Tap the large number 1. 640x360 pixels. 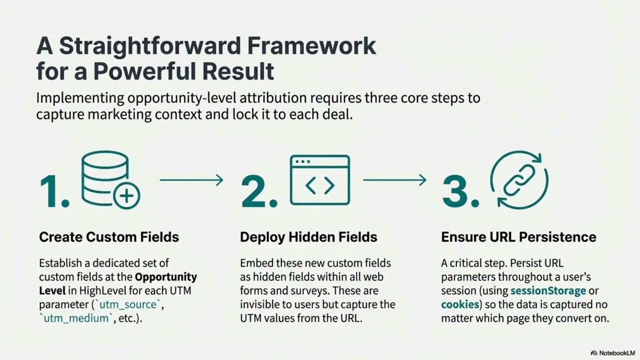point(54,191)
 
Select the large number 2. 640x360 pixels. point(258,191)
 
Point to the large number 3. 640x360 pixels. point(460,191)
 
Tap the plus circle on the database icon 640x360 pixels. point(126,195)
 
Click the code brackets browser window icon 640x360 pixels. point(320,180)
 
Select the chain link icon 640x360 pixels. point(519,180)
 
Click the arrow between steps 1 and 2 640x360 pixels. point(191,180)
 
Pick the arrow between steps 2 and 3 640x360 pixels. point(394,180)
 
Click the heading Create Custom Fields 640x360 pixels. point(109,236)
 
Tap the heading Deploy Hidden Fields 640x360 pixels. point(308,236)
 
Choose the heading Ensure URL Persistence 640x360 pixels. point(518,236)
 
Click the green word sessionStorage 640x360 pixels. point(548,290)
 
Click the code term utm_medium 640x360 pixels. point(75,318)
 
